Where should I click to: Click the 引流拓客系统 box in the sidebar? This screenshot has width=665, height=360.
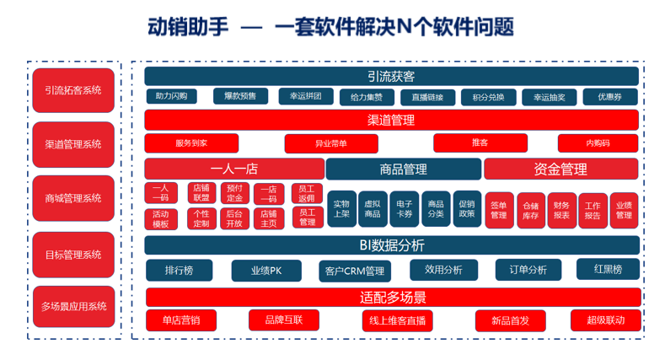pyautogui.click(x=73, y=89)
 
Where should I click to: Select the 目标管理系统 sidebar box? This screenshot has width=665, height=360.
pyautogui.click(x=73, y=255)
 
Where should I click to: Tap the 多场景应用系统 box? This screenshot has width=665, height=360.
pyautogui.click(x=73, y=306)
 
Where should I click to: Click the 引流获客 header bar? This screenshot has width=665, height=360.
pyautogui.click(x=391, y=77)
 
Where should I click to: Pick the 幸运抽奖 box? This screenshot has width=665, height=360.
pyautogui.click(x=549, y=97)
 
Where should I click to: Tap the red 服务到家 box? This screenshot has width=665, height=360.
pyautogui.click(x=191, y=143)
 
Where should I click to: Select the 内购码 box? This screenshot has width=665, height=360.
pyautogui.click(x=598, y=143)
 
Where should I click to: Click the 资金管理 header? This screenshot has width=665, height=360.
pyautogui.click(x=560, y=169)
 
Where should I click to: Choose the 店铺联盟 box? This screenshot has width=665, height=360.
pyautogui.click(x=201, y=193)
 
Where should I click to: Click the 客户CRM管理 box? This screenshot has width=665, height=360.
pyautogui.click(x=354, y=271)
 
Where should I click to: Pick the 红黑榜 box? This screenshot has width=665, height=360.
pyautogui.click(x=607, y=270)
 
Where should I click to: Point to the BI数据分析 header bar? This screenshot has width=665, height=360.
pyautogui.click(x=391, y=245)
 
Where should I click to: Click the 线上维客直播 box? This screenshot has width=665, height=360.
pyautogui.click(x=397, y=320)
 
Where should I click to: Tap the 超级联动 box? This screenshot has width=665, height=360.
pyautogui.click(x=604, y=320)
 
